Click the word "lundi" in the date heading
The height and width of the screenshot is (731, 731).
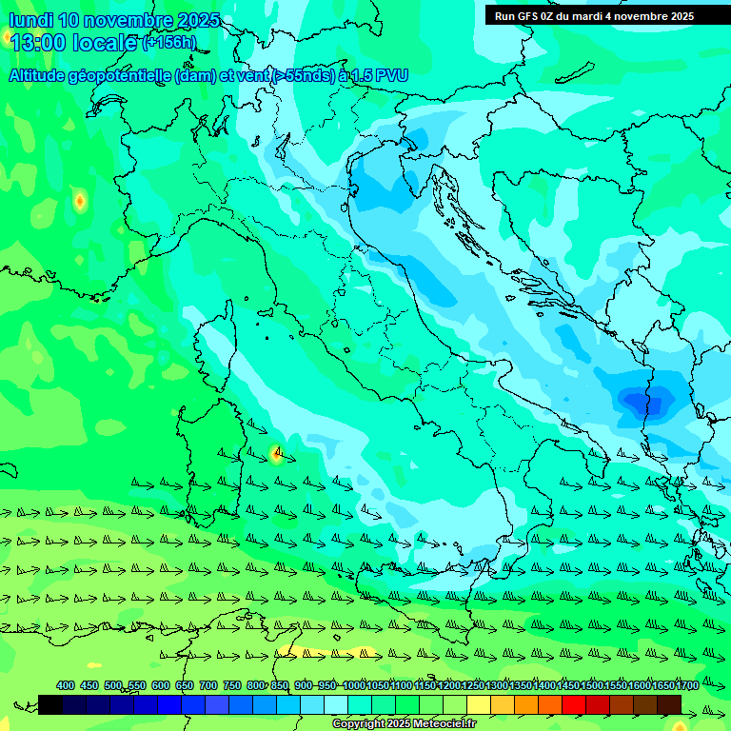click(30, 20)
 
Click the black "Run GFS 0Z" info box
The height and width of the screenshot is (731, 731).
click(594, 16)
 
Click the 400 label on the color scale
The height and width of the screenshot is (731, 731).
click(66, 685)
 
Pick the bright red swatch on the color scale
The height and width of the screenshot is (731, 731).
click(574, 704)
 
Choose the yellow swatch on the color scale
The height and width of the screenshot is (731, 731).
click(479, 704)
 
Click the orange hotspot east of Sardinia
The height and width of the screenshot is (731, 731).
click(277, 454)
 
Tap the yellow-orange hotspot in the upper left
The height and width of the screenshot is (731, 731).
click(79, 201)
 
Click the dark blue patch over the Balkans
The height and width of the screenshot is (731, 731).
click(642, 400)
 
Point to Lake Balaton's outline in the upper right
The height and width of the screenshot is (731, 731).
click(576, 73)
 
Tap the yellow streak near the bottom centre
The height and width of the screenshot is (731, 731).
click(324, 652)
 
